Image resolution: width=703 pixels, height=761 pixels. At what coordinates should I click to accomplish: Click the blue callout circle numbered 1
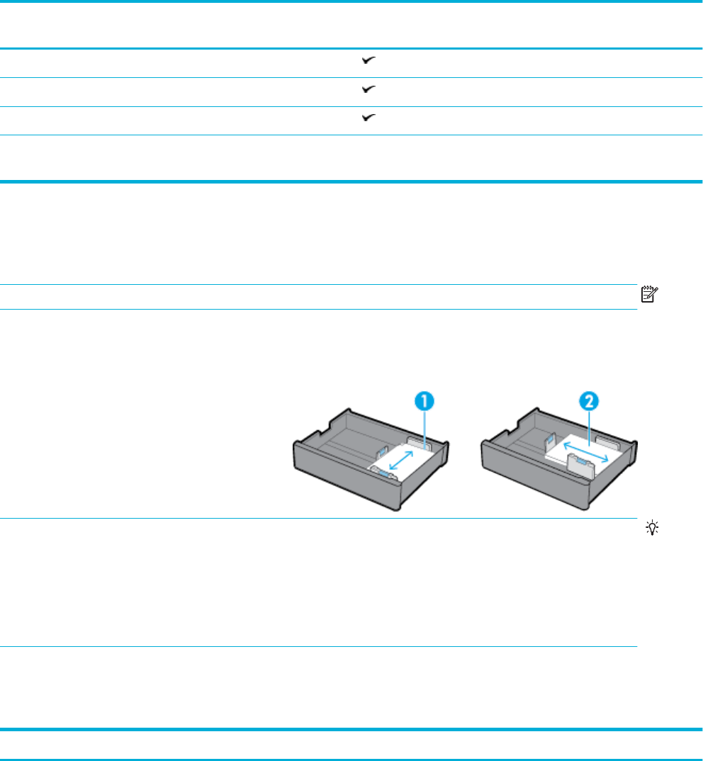pyautogui.click(x=424, y=402)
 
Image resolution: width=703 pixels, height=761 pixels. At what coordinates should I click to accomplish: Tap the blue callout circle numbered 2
pyautogui.click(x=590, y=402)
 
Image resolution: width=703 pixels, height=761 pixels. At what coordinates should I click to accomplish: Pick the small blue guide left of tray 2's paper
pyautogui.click(x=549, y=444)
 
